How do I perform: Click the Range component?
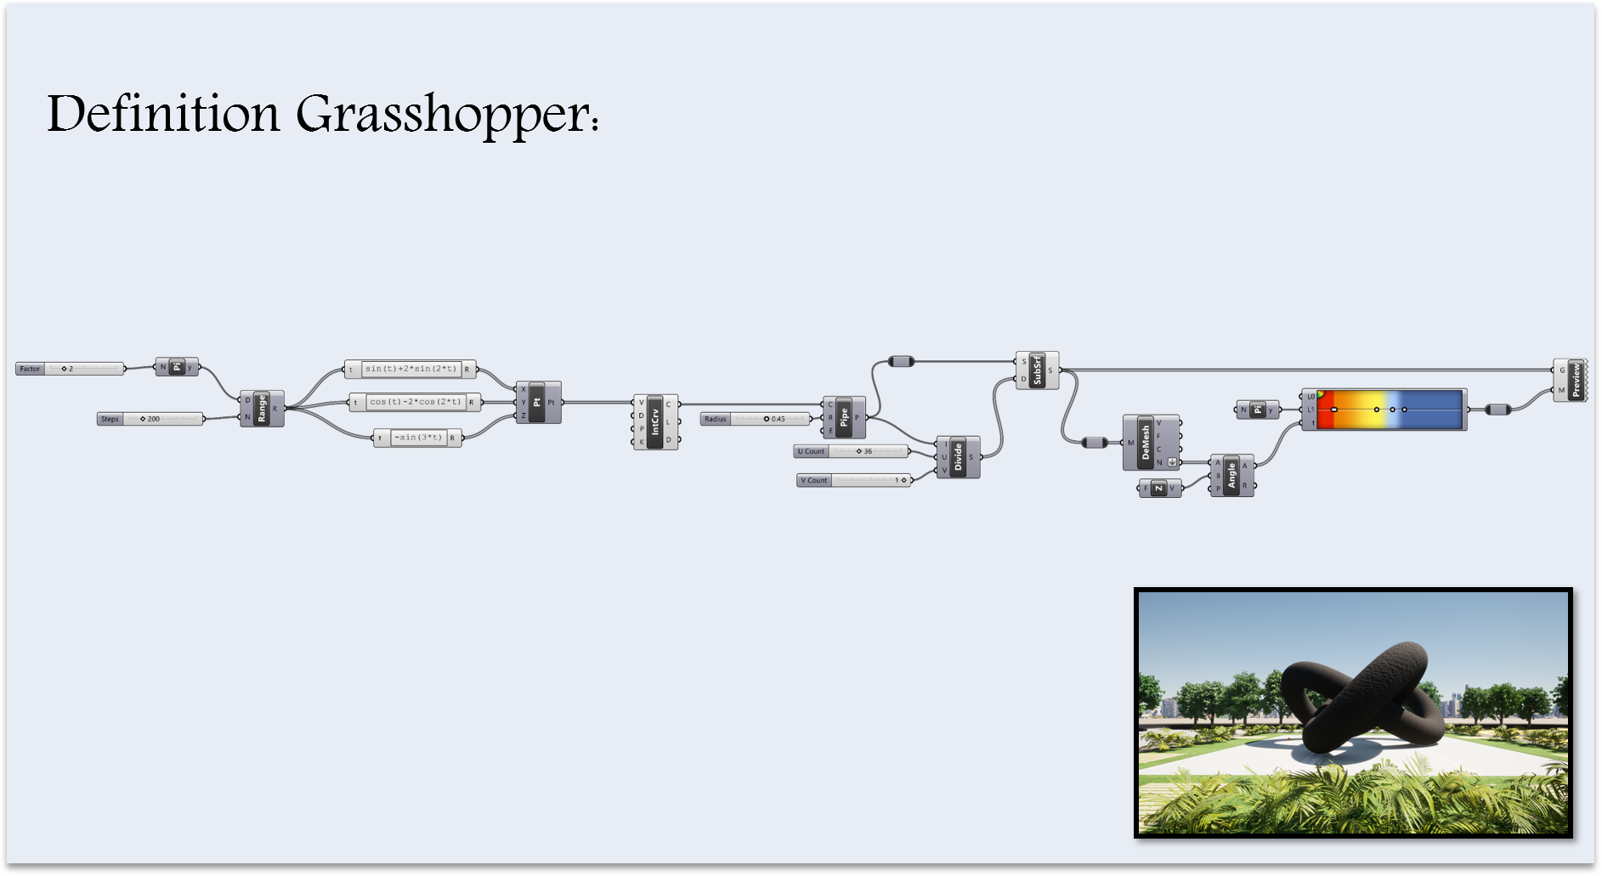tap(262, 409)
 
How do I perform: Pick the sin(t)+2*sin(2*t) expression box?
tap(410, 369)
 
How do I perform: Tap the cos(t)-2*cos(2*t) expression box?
tap(415, 402)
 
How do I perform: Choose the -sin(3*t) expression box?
tap(417, 438)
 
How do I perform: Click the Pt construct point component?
tap(538, 402)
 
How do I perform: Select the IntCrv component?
tap(655, 421)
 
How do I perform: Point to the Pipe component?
tap(844, 417)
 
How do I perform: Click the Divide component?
tap(958, 457)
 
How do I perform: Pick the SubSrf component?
tap(1037, 370)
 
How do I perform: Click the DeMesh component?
tap(1145, 443)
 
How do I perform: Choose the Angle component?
tap(1231, 475)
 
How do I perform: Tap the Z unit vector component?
tap(1159, 488)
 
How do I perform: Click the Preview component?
tap(1574, 380)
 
